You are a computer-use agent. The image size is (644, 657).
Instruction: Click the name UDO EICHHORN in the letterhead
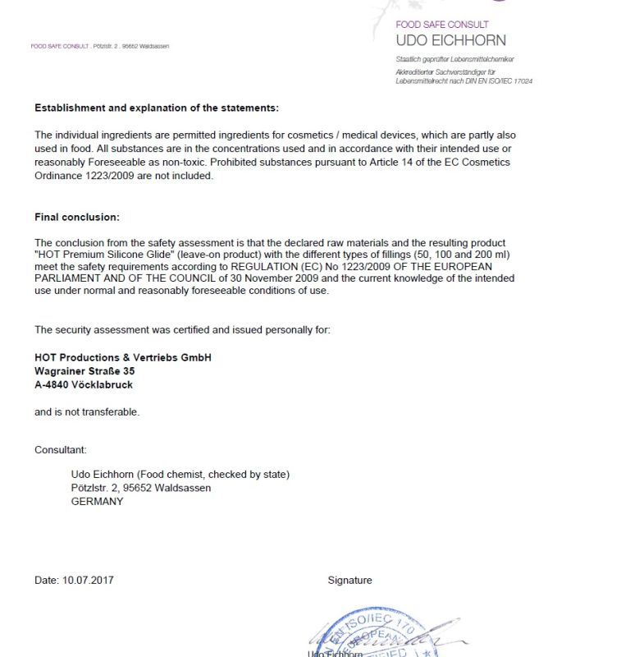(450, 40)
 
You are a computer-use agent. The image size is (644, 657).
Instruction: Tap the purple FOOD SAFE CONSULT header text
(441, 25)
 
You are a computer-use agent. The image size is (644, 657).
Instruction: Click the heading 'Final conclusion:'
(77, 217)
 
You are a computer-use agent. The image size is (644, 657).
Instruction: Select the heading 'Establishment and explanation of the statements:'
(157, 108)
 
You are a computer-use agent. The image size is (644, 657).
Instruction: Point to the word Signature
(349, 580)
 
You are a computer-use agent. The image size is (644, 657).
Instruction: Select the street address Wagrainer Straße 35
(84, 371)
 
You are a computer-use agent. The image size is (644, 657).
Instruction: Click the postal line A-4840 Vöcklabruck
(84, 384)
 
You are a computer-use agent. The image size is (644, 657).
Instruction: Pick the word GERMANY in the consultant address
(98, 501)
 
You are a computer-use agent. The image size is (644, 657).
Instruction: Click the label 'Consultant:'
(60, 450)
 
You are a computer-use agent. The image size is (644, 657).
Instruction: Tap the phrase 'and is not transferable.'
(87, 411)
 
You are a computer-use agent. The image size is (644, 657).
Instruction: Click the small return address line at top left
(99, 46)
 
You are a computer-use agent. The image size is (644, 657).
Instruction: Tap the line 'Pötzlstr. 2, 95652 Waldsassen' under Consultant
(141, 488)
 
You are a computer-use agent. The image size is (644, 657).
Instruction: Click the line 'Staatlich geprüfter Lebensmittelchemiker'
(454, 59)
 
